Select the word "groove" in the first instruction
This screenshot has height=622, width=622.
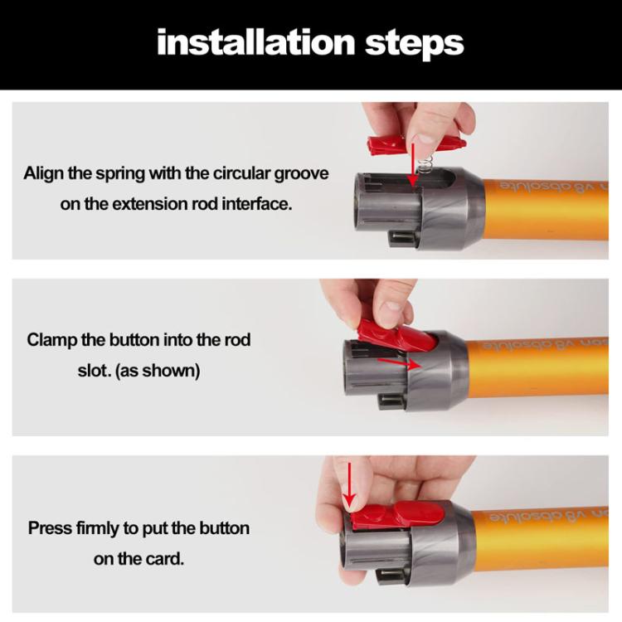click(299, 174)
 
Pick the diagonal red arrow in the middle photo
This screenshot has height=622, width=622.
click(398, 362)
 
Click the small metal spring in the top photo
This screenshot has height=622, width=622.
click(429, 166)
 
